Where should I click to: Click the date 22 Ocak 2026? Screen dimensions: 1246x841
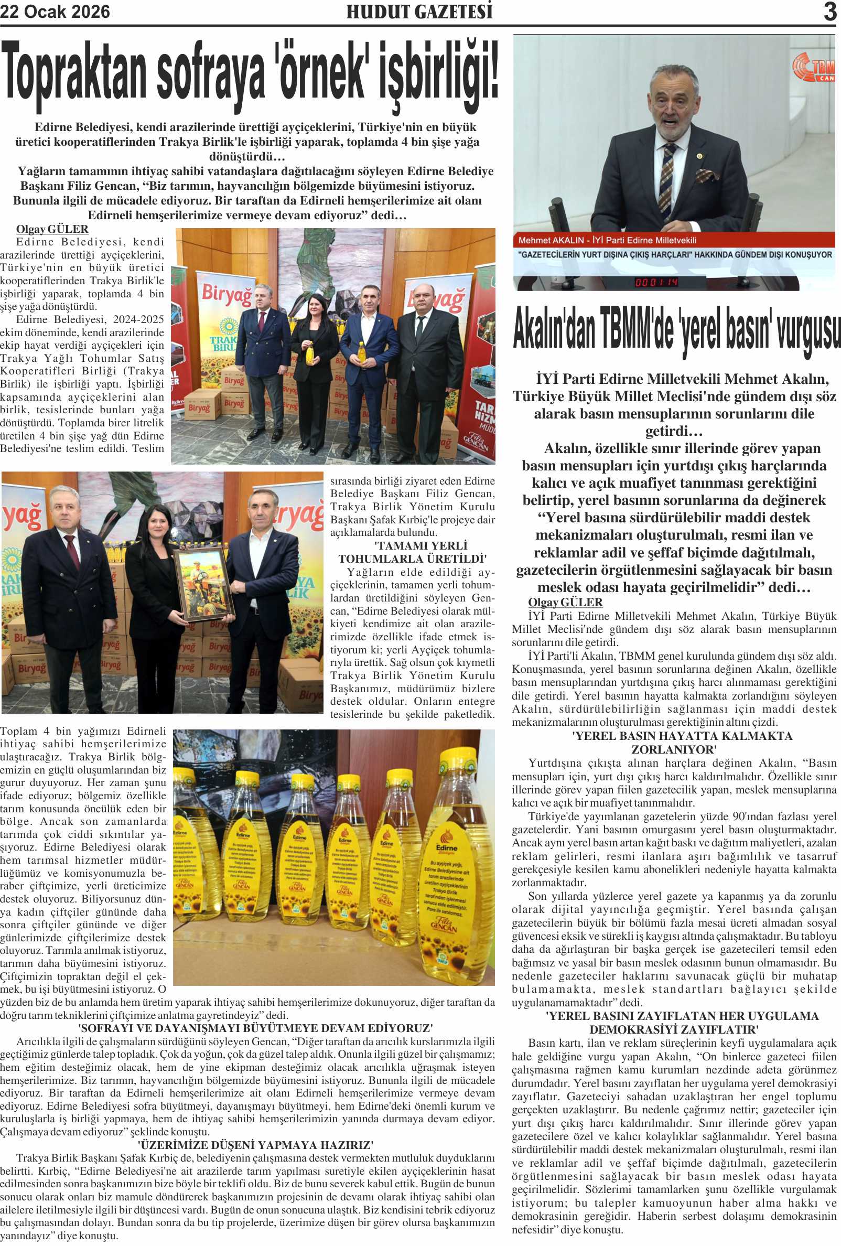tap(55, 12)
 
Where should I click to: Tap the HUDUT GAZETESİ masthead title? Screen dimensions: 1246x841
tap(419, 12)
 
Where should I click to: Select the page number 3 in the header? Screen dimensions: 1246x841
tap(830, 12)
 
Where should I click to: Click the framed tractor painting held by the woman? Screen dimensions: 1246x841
tap(203, 584)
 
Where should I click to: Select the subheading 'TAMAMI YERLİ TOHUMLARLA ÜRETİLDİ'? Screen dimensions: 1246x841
tap(412, 552)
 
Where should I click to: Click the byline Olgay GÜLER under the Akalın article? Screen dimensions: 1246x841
tap(565, 602)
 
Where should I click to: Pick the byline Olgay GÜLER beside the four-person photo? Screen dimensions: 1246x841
tap(52, 229)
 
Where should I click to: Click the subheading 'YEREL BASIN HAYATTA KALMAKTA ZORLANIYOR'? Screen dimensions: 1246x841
tap(674, 742)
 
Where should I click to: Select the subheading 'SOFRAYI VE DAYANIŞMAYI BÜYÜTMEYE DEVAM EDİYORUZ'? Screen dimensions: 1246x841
tap(255, 1028)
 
